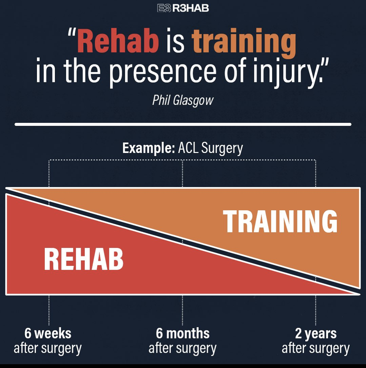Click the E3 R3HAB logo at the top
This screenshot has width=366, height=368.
tap(183, 8)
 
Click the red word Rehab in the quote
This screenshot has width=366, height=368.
tap(118, 41)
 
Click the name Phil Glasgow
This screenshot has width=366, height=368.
tap(182, 100)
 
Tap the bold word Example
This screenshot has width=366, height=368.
tap(149, 148)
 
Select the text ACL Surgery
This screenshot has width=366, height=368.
tap(210, 148)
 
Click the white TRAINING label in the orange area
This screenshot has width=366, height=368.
tap(280, 221)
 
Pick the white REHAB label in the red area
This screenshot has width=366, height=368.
tap(83, 259)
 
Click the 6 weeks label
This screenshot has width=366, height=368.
tap(48, 333)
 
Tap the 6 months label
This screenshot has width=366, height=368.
tap(182, 333)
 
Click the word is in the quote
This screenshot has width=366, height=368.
tap(175, 41)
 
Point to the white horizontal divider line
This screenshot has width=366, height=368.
tap(183, 124)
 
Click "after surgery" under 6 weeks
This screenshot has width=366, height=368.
tap(47, 349)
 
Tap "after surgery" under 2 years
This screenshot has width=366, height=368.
tap(316, 349)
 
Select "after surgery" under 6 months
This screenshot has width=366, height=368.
tap(182, 349)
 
